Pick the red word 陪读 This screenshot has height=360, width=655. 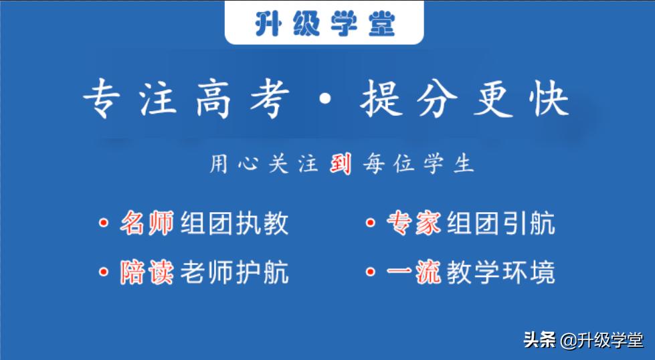click(x=147, y=272)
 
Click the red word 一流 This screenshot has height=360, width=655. click(x=413, y=272)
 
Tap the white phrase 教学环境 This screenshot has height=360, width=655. click(x=501, y=272)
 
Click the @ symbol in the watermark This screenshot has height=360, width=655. click(x=568, y=341)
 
